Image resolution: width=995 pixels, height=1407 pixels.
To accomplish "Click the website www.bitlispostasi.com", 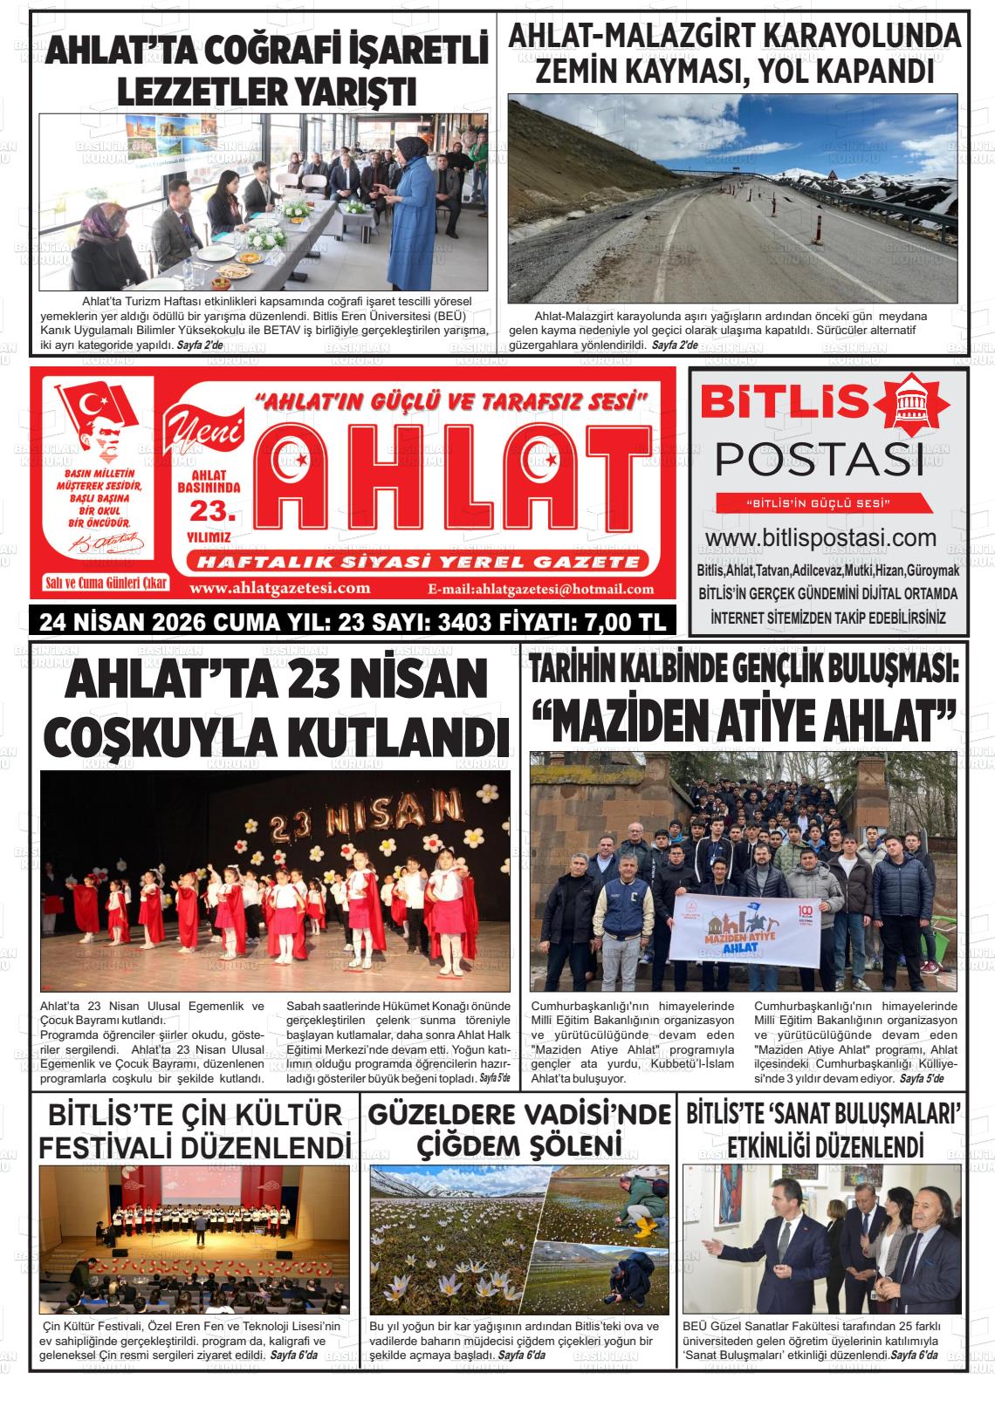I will tap(820, 538).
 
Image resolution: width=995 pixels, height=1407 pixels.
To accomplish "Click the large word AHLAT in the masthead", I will tap(454, 488).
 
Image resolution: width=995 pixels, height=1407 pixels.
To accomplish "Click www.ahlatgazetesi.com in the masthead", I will tap(279, 588).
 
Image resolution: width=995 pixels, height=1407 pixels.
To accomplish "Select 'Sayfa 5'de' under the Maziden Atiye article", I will tap(922, 1079).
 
